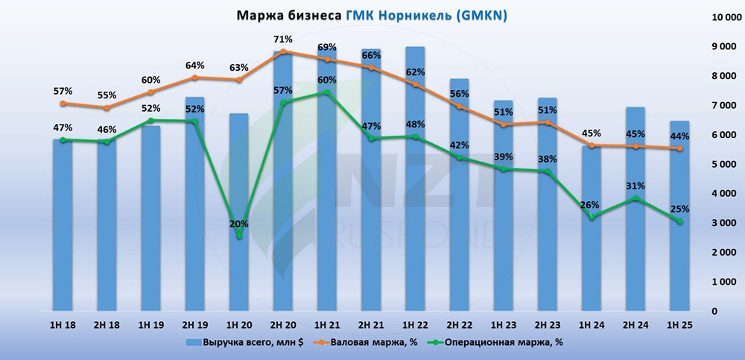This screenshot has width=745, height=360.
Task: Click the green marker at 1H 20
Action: pyautogui.click(x=239, y=236)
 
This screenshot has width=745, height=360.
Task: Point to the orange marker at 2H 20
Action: pyautogui.click(x=283, y=52)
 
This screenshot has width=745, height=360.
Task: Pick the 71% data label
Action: pyautogui.click(x=282, y=39)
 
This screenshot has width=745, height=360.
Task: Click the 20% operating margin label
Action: pyautogui.click(x=238, y=223)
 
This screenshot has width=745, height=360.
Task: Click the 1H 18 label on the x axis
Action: pyautogui.click(x=63, y=325)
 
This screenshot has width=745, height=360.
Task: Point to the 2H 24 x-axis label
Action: pyautogui.click(x=635, y=325)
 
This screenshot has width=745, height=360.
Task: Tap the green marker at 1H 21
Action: pyautogui.click(x=326, y=92)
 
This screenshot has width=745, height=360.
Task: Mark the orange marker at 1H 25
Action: pyautogui.click(x=679, y=149)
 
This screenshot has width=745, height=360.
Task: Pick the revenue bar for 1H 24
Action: pyautogui.click(x=591, y=239)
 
